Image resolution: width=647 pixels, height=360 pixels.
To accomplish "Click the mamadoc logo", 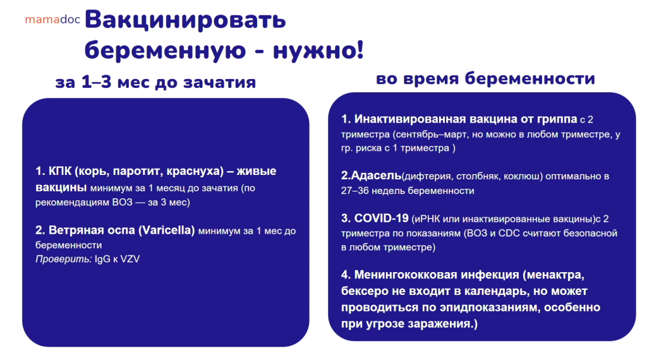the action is [x=52, y=20].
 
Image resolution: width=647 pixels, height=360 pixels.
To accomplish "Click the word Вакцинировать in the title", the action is [x=185, y=20].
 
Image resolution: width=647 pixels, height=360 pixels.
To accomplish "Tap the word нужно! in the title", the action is [x=318, y=51].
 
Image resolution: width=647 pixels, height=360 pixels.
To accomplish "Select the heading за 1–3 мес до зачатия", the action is [x=155, y=82].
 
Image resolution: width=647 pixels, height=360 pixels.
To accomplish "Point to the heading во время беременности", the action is [x=485, y=78].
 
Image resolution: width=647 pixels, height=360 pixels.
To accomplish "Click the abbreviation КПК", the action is [x=60, y=171].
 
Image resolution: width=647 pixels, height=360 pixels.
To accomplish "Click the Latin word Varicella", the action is [x=166, y=230].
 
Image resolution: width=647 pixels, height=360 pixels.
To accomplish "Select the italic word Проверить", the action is [x=63, y=260].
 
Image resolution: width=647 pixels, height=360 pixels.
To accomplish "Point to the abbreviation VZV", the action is [x=130, y=260].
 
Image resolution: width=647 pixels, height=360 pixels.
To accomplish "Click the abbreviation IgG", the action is [x=103, y=260].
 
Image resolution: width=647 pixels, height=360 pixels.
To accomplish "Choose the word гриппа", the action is [x=557, y=119].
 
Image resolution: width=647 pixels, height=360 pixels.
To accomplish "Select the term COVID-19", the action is [x=381, y=218].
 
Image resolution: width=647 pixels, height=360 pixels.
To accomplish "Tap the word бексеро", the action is [x=365, y=291].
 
